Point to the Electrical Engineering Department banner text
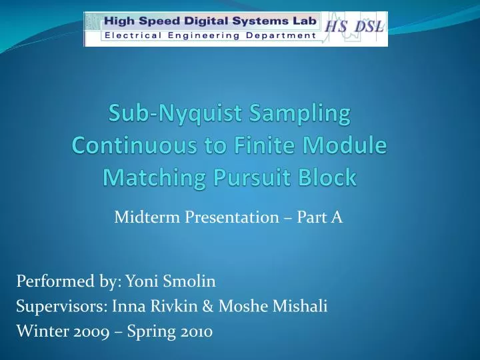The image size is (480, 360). (x=210, y=35)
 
